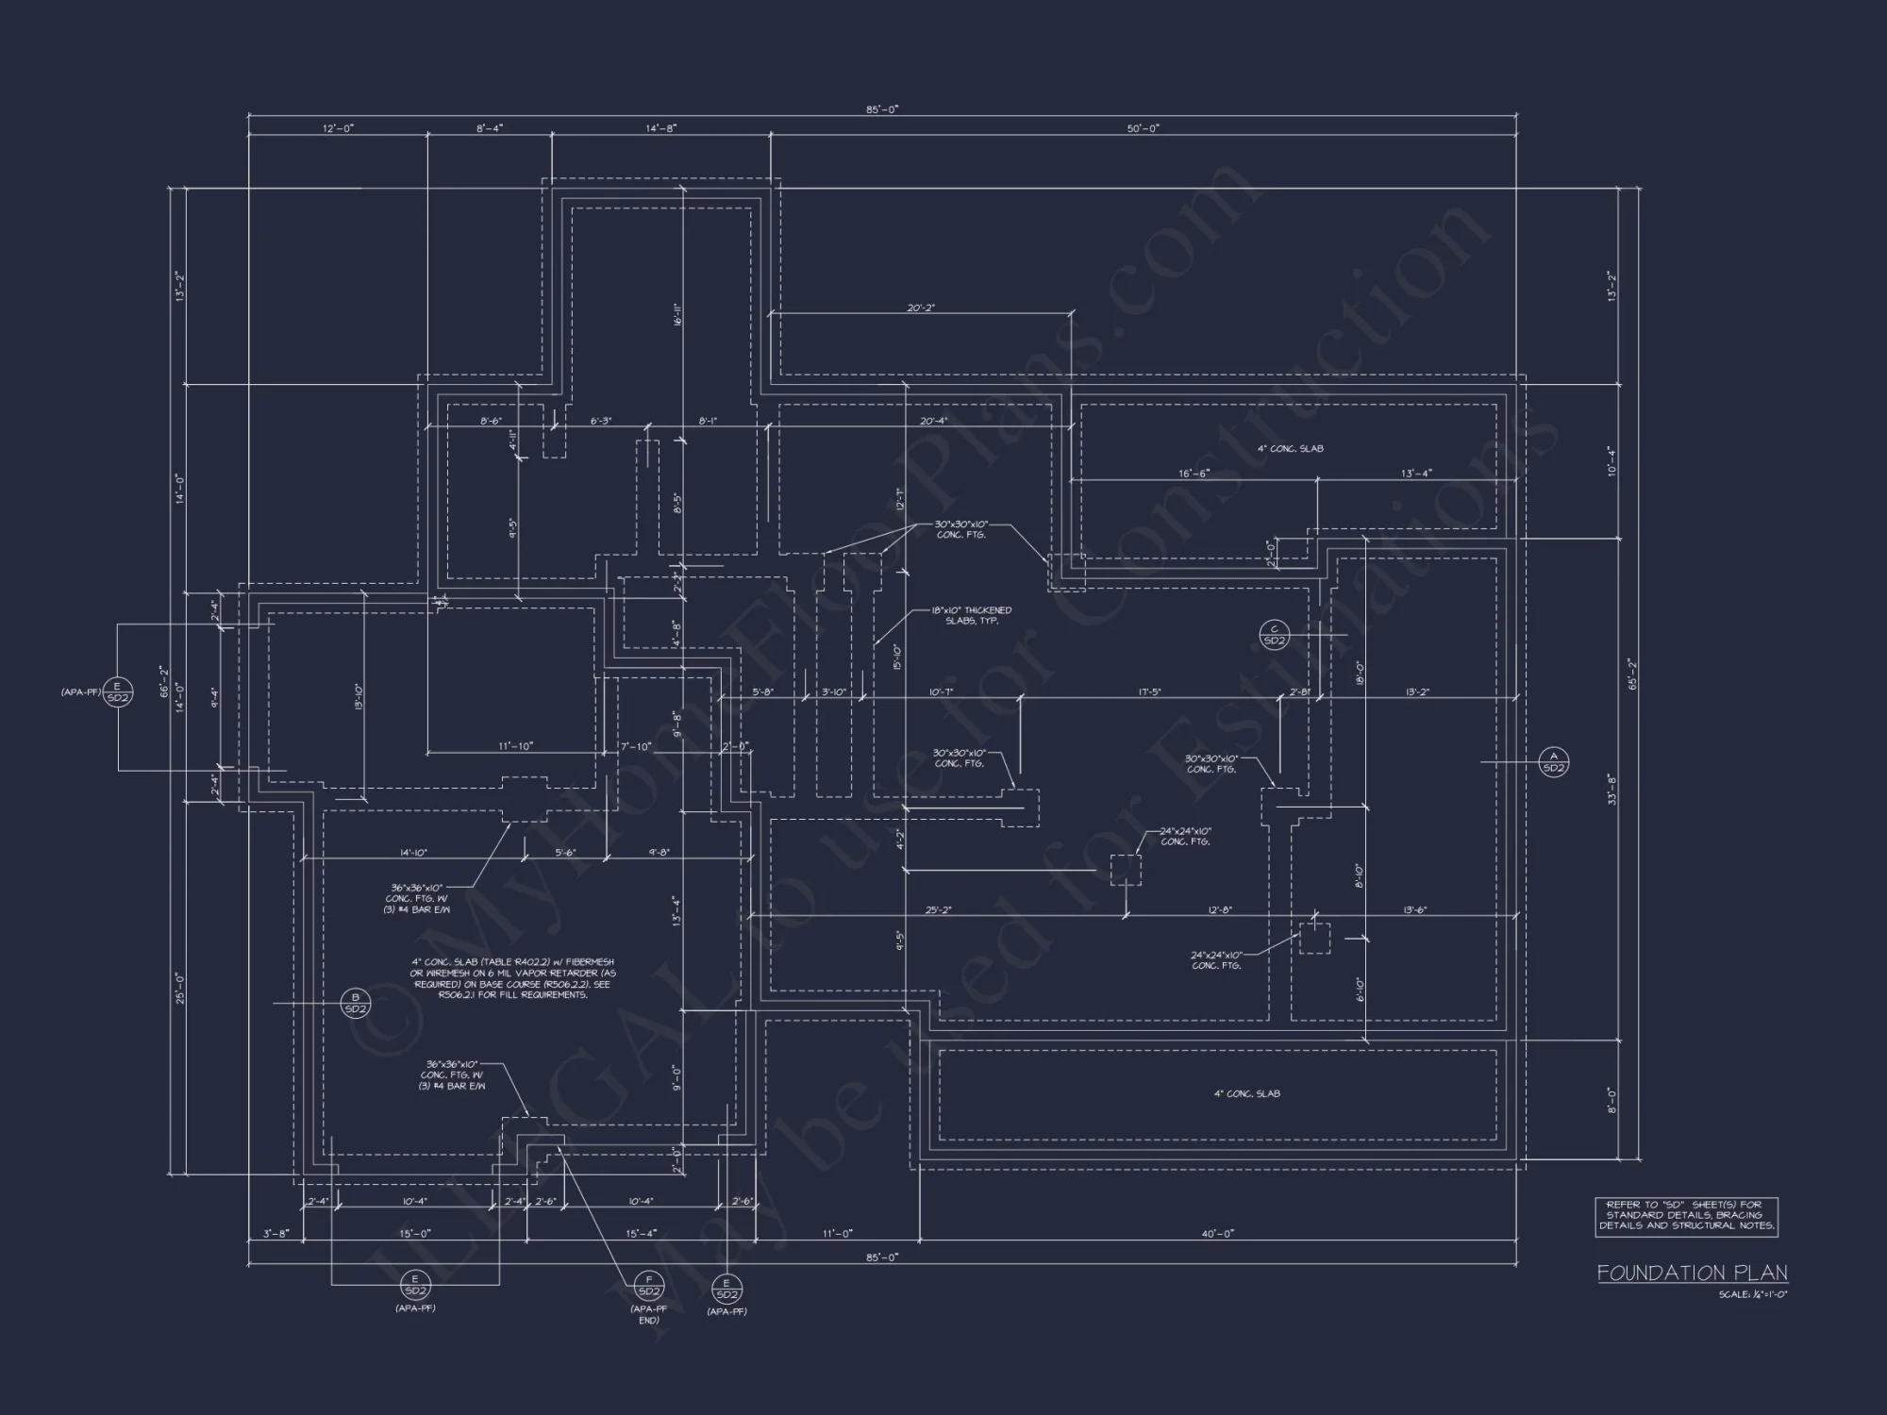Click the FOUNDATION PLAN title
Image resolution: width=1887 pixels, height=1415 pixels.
(1692, 1273)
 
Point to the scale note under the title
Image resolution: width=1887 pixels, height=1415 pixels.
(1752, 1294)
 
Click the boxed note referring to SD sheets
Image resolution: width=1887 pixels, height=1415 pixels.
(1686, 1216)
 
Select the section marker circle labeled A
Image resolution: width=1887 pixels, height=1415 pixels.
(1553, 761)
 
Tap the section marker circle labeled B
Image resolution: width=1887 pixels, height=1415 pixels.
(356, 1003)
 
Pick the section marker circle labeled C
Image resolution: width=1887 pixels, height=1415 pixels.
(1274, 635)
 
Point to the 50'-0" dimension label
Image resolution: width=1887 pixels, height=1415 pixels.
(1143, 128)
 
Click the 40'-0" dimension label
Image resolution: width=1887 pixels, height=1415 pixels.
(1218, 1233)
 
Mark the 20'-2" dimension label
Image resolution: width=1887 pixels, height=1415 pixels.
(921, 308)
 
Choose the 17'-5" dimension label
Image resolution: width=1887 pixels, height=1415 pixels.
(1149, 692)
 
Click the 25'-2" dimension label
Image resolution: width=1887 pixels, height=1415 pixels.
(938, 910)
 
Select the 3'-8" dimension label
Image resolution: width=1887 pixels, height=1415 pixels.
(276, 1233)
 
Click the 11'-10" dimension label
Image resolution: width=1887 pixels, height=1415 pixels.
(516, 746)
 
